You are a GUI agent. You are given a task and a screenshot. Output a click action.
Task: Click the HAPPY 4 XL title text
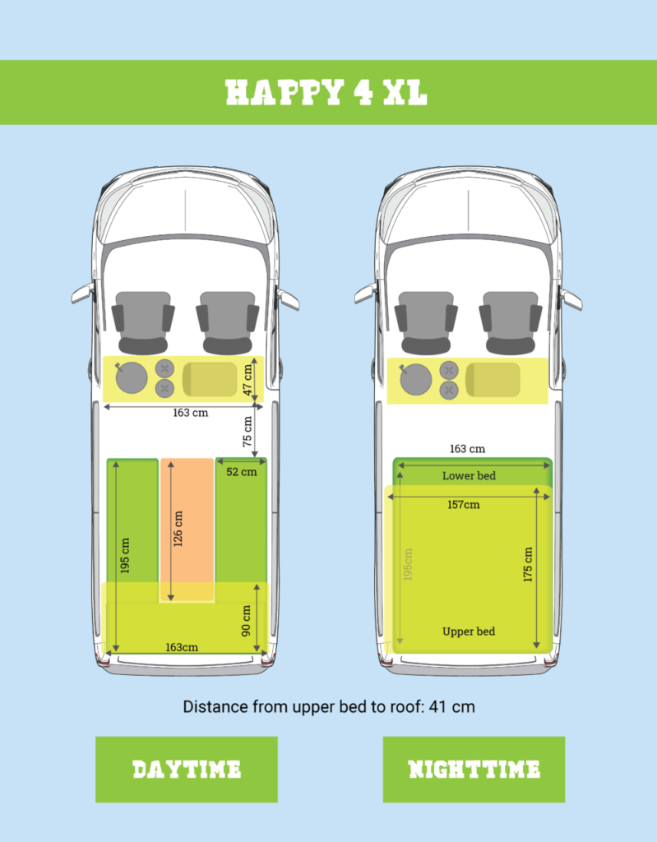(326, 92)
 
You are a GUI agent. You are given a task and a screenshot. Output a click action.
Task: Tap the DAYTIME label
(187, 770)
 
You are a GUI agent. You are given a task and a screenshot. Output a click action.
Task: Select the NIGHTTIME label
(474, 770)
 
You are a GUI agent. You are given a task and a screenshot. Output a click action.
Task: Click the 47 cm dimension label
(248, 380)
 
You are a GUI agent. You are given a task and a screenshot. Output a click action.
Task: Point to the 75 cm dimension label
(248, 431)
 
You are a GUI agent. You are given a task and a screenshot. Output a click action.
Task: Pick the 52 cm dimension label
(241, 472)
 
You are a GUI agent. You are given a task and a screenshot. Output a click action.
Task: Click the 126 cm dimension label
(178, 529)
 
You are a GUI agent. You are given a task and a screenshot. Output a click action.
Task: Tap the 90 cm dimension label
(247, 621)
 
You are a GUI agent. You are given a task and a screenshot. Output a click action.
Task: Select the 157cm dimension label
(464, 505)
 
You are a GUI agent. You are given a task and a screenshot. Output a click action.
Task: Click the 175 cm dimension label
(528, 564)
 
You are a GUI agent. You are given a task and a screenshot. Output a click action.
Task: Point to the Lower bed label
(469, 476)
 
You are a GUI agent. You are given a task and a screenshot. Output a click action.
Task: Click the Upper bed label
(469, 631)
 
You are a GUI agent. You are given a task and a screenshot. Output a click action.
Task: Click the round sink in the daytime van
(131, 377)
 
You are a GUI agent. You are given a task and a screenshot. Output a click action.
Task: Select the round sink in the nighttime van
(415, 379)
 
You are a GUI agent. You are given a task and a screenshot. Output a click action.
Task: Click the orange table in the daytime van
(187, 530)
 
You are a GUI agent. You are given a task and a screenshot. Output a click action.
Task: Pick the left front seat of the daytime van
(143, 322)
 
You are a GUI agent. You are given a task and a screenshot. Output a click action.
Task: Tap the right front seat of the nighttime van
(511, 322)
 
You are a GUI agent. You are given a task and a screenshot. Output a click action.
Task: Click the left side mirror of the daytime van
(82, 294)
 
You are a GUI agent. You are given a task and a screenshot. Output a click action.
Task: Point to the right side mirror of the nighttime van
(571, 299)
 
